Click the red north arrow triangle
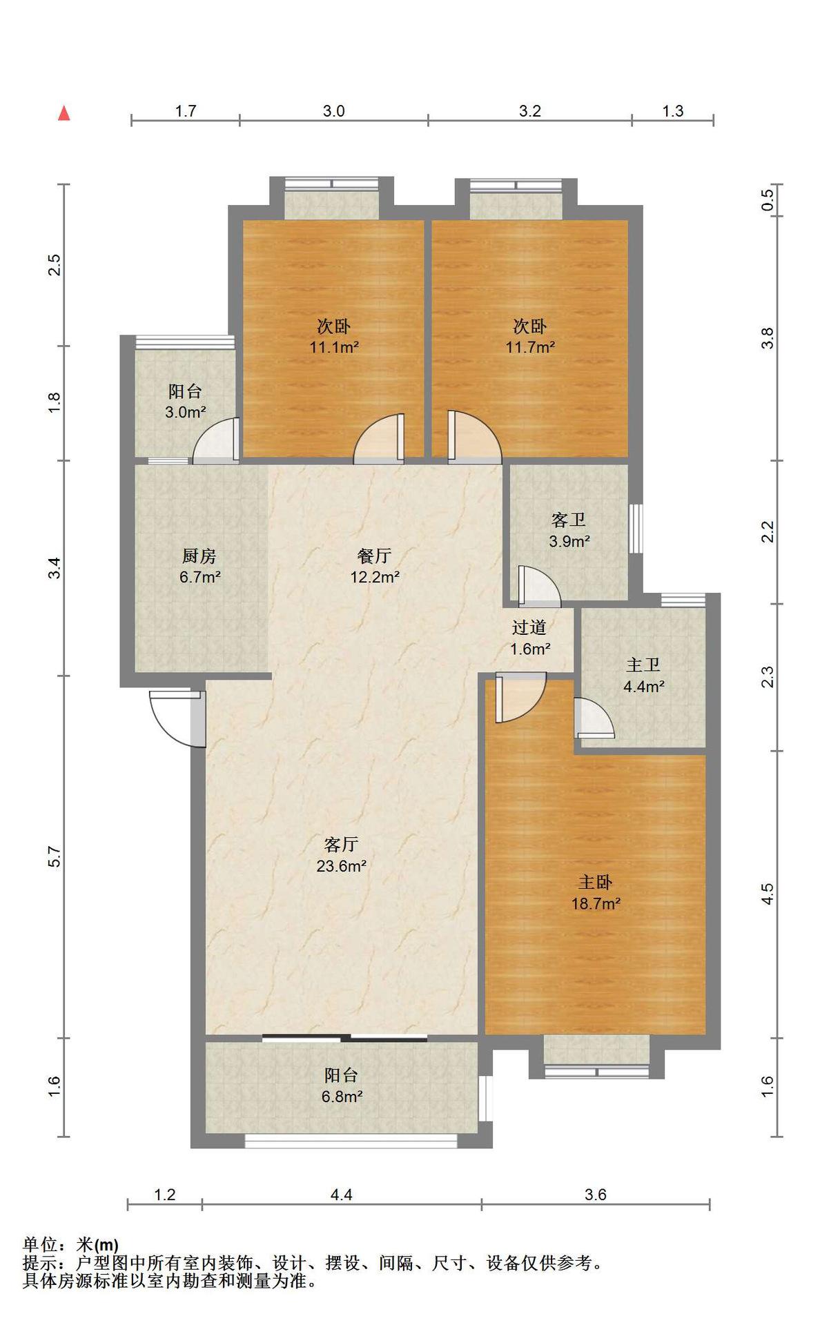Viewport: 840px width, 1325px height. tap(64, 112)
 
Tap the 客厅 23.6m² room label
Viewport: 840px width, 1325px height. tap(341, 855)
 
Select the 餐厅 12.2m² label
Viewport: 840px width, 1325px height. tap(375, 566)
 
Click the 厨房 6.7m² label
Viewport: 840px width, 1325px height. tap(199, 566)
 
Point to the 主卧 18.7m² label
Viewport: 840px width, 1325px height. tap(595, 892)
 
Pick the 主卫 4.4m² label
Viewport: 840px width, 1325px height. tap(643, 676)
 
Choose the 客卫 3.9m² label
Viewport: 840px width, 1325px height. tap(569, 530)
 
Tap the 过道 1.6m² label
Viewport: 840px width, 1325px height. tap(529, 638)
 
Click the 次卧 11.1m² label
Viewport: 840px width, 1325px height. tap(334, 336)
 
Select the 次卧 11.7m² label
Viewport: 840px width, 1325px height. tap(530, 336)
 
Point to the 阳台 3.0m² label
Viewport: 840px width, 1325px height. tap(185, 402)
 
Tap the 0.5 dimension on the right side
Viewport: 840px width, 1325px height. tap(768, 200)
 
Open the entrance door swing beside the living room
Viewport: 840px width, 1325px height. tap(178, 718)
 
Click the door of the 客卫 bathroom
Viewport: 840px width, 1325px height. tap(539, 586)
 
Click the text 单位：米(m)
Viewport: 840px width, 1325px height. tap(70, 1244)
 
